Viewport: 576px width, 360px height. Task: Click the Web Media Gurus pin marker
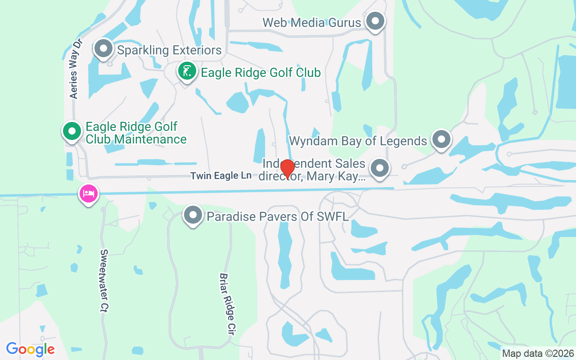[374, 21]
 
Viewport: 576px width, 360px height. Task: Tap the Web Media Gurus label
[312, 22]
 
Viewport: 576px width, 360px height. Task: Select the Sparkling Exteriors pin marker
[103, 48]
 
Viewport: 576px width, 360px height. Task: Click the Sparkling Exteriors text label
[169, 50]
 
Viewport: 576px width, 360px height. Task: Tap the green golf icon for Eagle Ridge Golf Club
[187, 71]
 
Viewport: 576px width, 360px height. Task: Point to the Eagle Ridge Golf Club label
[261, 72]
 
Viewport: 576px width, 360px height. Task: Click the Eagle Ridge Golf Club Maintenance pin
[72, 131]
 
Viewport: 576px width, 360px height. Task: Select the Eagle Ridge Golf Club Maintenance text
[135, 133]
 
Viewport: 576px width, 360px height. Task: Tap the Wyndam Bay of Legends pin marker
[441, 139]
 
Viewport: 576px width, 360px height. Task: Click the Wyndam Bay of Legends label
[358, 141]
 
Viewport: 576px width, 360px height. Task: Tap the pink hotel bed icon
[89, 194]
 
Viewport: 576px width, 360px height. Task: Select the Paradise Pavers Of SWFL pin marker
[193, 215]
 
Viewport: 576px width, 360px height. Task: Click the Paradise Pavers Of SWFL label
[278, 217]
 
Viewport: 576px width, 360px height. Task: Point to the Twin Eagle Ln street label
[220, 176]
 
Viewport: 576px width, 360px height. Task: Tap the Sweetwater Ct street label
[105, 281]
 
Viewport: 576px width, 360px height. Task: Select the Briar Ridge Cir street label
[228, 304]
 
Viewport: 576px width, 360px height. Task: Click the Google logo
[31, 349]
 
